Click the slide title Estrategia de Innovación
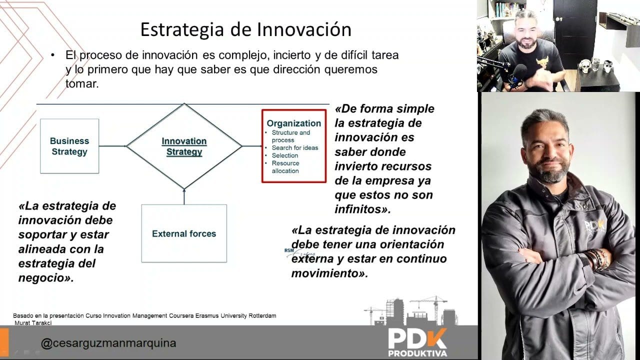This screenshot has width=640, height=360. point(245,29)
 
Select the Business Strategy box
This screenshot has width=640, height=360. point(69,146)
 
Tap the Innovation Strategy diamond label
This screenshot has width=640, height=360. point(184,146)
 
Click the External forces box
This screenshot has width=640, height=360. point(184,233)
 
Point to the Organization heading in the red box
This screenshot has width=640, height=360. point(293,123)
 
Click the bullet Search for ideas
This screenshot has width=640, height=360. point(294,147)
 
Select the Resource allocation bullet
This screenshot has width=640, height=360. point(285,167)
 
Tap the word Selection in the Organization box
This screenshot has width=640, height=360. point(285,155)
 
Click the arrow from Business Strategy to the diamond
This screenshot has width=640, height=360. point(112,146)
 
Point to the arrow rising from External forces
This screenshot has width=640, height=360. point(184,196)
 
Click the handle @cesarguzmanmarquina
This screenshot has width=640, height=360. point(108,343)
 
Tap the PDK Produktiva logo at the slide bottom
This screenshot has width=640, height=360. point(417,341)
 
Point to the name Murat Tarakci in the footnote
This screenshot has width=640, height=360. point(33,322)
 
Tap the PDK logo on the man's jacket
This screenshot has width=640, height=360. point(595,226)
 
